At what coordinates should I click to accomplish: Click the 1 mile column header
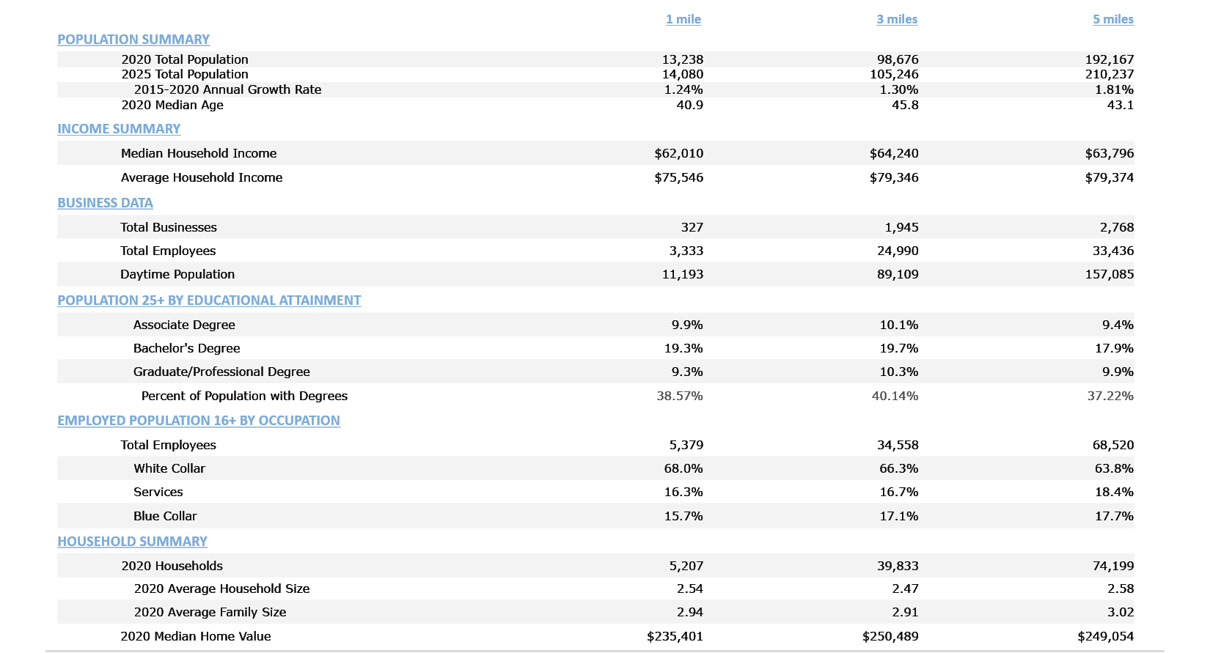pyautogui.click(x=683, y=19)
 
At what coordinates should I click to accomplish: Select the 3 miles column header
pyautogui.click(x=896, y=19)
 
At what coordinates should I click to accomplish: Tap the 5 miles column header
pyautogui.click(x=1112, y=19)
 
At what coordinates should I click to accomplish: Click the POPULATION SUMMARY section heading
pyautogui.click(x=133, y=40)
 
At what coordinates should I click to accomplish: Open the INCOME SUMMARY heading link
pyautogui.click(x=119, y=129)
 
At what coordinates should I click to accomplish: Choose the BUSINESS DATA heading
pyautogui.click(x=105, y=203)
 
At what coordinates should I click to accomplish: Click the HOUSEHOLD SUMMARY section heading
pyautogui.click(x=132, y=542)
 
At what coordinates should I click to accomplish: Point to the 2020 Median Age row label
pyautogui.click(x=172, y=105)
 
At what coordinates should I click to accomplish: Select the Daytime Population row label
pyautogui.click(x=177, y=274)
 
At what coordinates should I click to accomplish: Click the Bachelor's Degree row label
pyautogui.click(x=186, y=348)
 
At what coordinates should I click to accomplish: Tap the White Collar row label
pyautogui.click(x=169, y=468)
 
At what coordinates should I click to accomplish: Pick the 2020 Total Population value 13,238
pyautogui.click(x=682, y=59)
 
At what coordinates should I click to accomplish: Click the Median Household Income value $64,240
pyautogui.click(x=893, y=153)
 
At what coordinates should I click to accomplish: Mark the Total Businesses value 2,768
pyautogui.click(x=1116, y=227)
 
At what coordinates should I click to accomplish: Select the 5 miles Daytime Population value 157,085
pyautogui.click(x=1109, y=274)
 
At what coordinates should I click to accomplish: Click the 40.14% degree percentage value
pyautogui.click(x=895, y=396)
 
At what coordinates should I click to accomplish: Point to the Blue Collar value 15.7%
pyautogui.click(x=683, y=516)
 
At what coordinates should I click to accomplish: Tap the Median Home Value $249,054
pyautogui.click(x=1105, y=636)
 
